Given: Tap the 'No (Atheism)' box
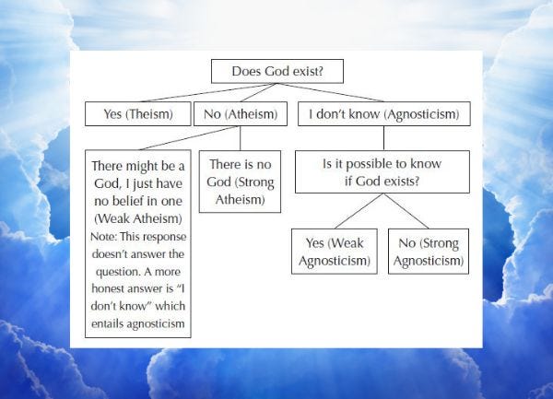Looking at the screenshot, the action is [x=240, y=115].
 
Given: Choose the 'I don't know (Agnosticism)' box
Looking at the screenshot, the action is [x=383, y=115].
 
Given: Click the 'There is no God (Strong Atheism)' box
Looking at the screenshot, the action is [x=240, y=182].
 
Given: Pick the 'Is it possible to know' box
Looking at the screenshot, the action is [x=382, y=171].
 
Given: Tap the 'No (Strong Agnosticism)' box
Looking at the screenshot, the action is [x=427, y=251].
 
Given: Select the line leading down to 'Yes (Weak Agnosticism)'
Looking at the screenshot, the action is [x=357, y=211].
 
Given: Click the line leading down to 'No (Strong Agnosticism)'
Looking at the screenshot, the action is [x=406, y=211].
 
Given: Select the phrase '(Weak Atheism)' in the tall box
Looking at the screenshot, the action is [x=137, y=217].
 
